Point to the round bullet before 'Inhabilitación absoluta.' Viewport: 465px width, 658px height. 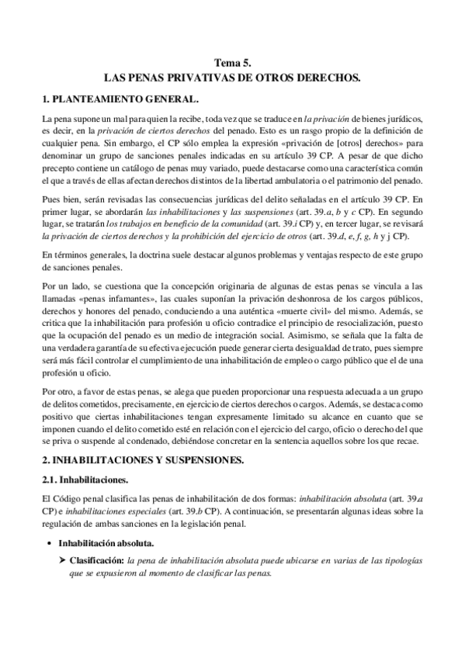point(50,542)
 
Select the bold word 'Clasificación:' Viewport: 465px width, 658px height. point(98,559)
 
